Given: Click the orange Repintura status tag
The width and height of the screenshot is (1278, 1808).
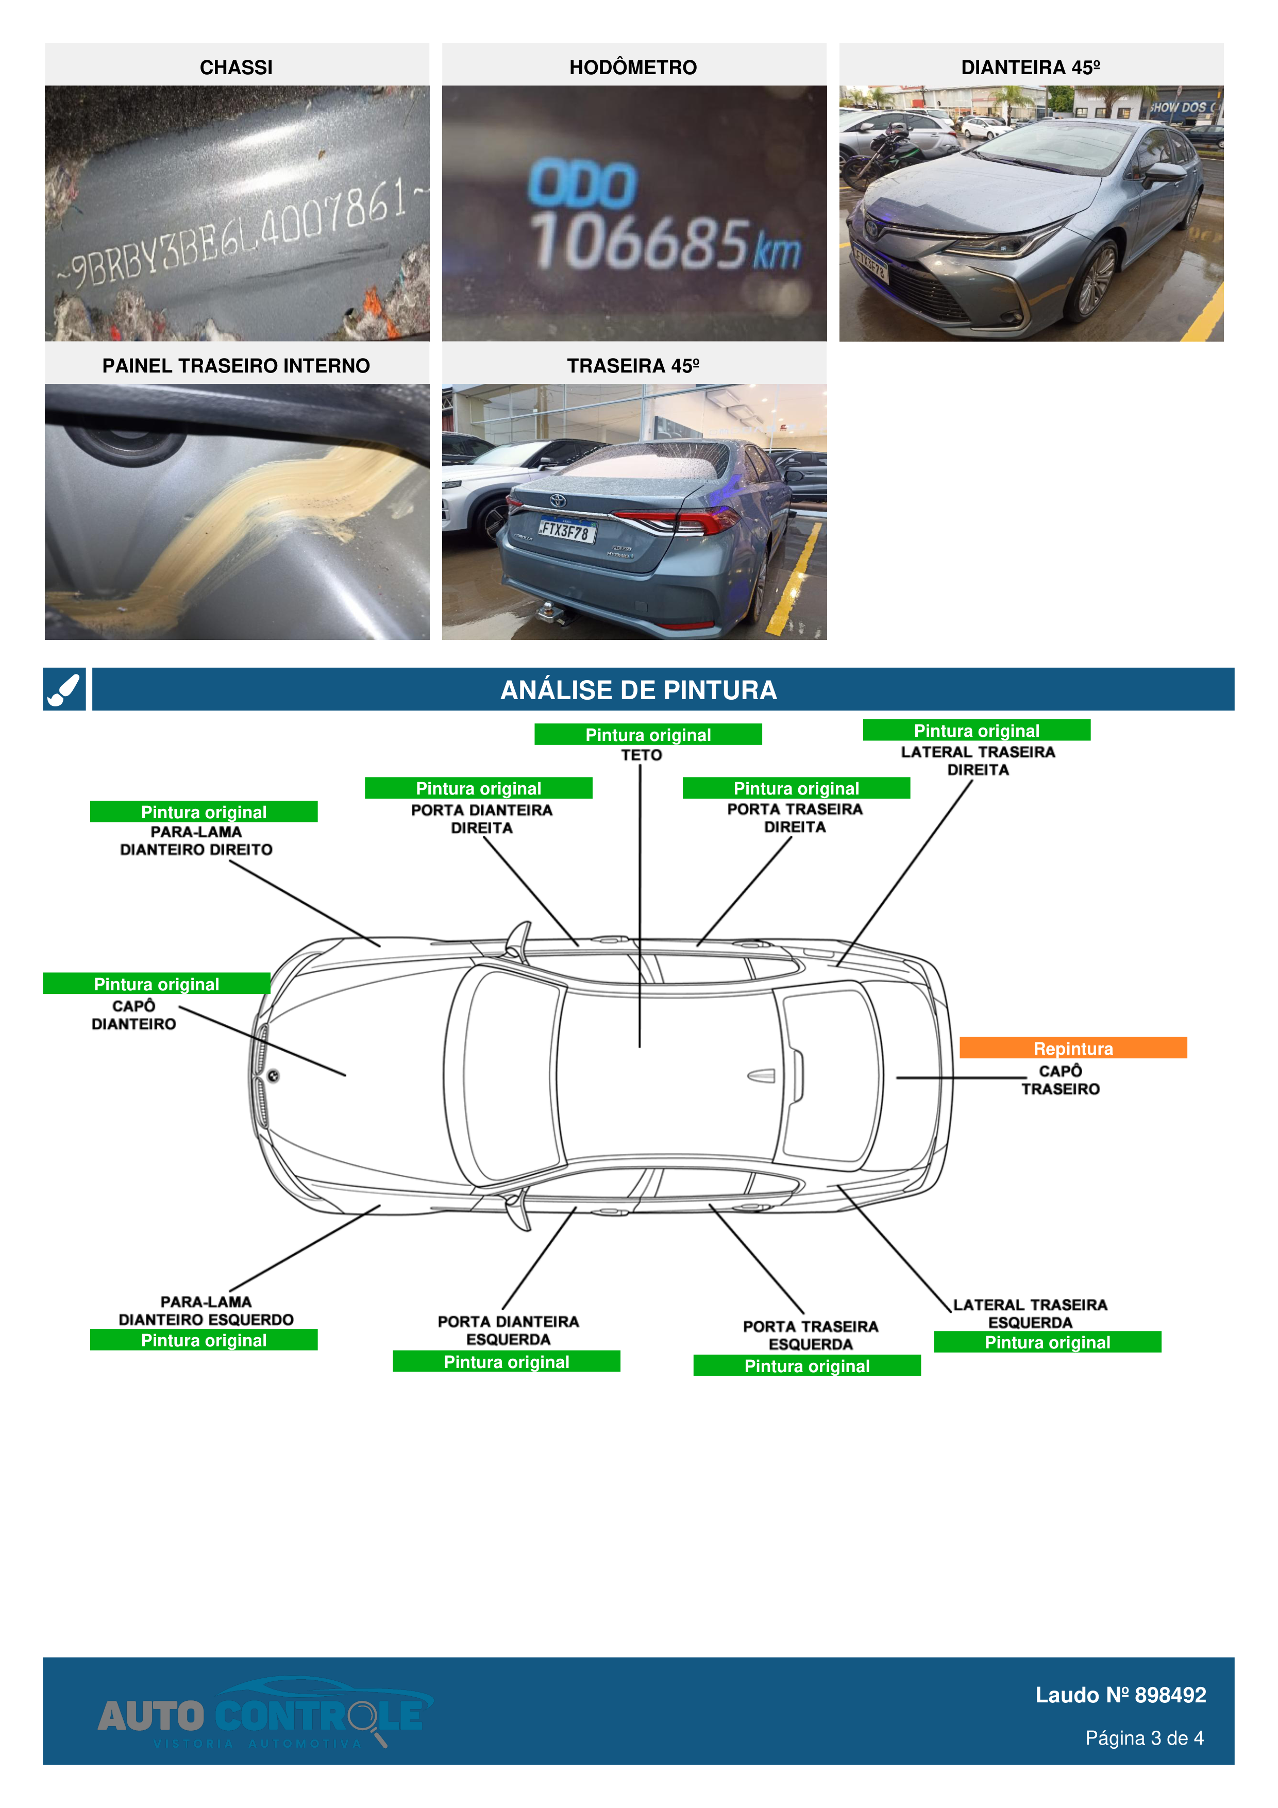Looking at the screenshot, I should (1072, 1048).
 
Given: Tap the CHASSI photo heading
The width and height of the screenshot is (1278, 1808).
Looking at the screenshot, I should (236, 67).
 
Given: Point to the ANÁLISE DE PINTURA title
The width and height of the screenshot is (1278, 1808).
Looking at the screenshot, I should (638, 690).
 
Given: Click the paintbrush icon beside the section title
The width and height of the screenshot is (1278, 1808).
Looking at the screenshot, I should (64, 690).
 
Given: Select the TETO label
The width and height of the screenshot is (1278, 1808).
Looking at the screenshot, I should (642, 755).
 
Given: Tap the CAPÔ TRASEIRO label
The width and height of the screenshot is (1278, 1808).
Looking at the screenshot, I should (1060, 1079).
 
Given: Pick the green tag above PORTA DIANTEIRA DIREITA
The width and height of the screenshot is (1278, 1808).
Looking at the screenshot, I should (478, 788).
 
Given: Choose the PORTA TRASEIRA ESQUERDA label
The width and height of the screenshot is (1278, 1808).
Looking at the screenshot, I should (810, 1334).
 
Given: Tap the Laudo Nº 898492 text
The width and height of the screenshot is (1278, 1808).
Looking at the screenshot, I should (1120, 1695).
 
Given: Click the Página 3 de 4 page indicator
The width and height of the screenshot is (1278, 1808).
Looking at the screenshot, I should (1144, 1738).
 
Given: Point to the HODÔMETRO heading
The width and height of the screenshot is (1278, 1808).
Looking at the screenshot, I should (633, 67).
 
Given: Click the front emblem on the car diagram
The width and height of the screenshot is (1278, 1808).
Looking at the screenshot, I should (273, 1076).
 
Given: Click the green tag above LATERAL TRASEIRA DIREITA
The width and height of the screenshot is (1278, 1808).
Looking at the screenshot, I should (977, 731).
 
